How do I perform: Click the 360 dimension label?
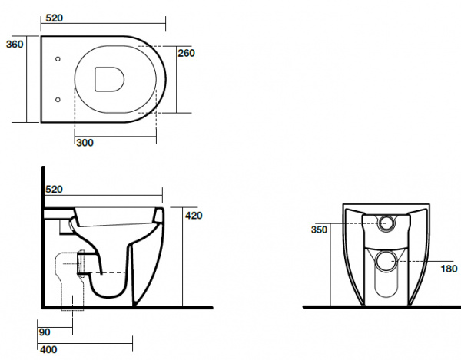(15, 45)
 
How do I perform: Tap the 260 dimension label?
(186, 53)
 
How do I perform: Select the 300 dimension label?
(85, 143)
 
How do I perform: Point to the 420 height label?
(194, 216)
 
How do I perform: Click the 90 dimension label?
(45, 332)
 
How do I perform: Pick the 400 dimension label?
(48, 350)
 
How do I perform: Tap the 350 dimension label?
(319, 230)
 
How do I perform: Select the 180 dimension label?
(449, 269)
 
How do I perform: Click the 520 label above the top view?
(55, 18)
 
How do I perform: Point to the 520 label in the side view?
(54, 190)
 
